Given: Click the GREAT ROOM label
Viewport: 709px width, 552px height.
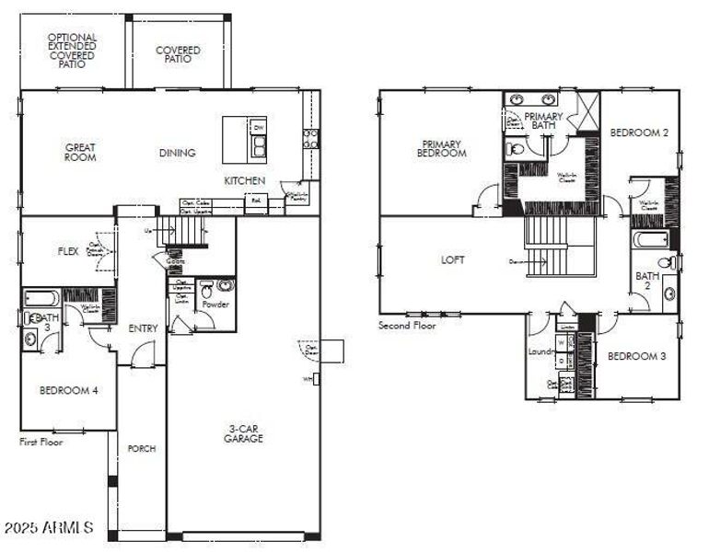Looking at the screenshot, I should point(80,152).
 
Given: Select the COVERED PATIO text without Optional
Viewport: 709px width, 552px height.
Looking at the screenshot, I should point(179,54).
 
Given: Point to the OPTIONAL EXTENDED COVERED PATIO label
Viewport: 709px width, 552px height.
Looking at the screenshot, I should point(72,51).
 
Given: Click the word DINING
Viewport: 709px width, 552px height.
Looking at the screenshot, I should point(177,153).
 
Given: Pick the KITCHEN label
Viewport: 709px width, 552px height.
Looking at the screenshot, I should point(245,181).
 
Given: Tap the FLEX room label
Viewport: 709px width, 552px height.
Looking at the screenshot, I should point(68,250).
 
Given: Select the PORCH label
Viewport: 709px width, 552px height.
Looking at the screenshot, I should point(142,449).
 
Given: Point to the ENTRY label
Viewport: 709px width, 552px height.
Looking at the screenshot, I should point(143,328).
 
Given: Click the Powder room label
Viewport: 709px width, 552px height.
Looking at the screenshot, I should point(215,305).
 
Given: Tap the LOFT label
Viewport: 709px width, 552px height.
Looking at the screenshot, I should point(453,260).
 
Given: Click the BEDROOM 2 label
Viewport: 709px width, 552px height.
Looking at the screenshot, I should point(639,132).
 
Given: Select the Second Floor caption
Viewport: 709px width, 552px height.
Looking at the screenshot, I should point(407,326).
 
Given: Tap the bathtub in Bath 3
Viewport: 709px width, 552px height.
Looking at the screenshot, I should point(41,298).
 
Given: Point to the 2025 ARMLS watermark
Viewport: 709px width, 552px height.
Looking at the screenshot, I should point(49,528).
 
